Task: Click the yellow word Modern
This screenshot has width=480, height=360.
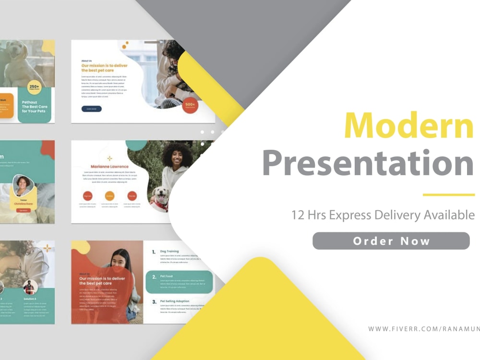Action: click(x=408, y=126)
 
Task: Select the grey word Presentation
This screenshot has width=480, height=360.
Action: click(x=368, y=163)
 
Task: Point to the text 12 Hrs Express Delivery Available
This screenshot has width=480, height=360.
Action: click(x=383, y=215)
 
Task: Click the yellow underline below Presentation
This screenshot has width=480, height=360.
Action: click(x=448, y=195)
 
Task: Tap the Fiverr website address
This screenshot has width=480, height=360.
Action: click(x=423, y=329)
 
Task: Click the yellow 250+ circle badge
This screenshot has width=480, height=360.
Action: click(x=35, y=87)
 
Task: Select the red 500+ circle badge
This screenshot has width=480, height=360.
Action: click(x=191, y=105)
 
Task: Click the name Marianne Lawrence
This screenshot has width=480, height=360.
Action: click(x=109, y=167)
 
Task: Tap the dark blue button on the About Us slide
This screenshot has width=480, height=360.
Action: click(x=91, y=109)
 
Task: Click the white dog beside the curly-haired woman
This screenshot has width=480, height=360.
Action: click(x=160, y=197)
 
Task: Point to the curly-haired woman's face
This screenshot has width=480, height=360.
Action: click(x=177, y=157)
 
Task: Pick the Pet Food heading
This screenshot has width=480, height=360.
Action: click(x=167, y=276)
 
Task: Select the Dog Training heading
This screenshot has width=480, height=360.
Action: click(x=169, y=252)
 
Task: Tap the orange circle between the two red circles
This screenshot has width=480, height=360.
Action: click(x=110, y=196)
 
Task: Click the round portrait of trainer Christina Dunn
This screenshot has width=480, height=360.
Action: click(x=23, y=186)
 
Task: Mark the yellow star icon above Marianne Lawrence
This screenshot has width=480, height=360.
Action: click(x=109, y=158)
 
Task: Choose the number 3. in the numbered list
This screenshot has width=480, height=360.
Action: click(x=154, y=302)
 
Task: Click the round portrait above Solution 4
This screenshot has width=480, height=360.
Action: click(x=30, y=287)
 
